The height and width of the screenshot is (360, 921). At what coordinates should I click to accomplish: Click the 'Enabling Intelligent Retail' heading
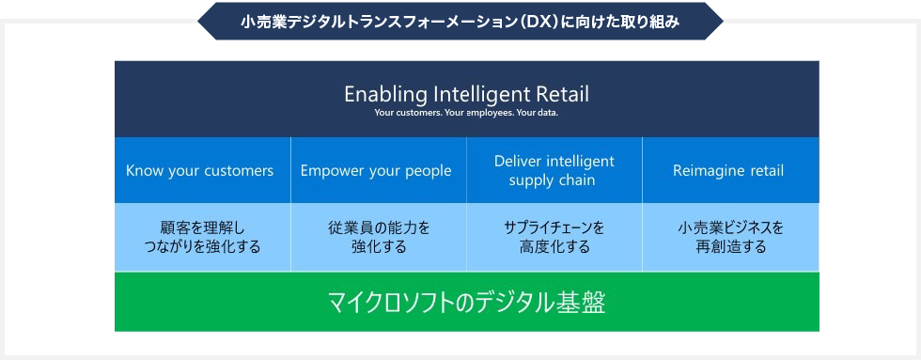click(x=466, y=94)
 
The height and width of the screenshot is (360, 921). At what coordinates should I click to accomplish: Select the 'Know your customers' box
click(x=200, y=170)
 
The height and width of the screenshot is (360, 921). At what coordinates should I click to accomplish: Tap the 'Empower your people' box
click(x=376, y=170)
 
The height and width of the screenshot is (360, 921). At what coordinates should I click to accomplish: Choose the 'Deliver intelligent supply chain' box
click(x=554, y=170)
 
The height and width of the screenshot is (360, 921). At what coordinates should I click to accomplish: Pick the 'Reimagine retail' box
click(x=728, y=170)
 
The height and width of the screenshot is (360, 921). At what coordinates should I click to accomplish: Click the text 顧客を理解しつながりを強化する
click(x=200, y=238)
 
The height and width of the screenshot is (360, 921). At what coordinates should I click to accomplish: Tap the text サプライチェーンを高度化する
click(x=554, y=238)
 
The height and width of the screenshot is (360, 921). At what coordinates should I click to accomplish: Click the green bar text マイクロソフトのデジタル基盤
click(x=466, y=303)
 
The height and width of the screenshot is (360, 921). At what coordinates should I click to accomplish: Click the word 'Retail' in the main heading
click(x=562, y=94)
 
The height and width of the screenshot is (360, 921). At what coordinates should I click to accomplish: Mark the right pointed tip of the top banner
click(x=722, y=20)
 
